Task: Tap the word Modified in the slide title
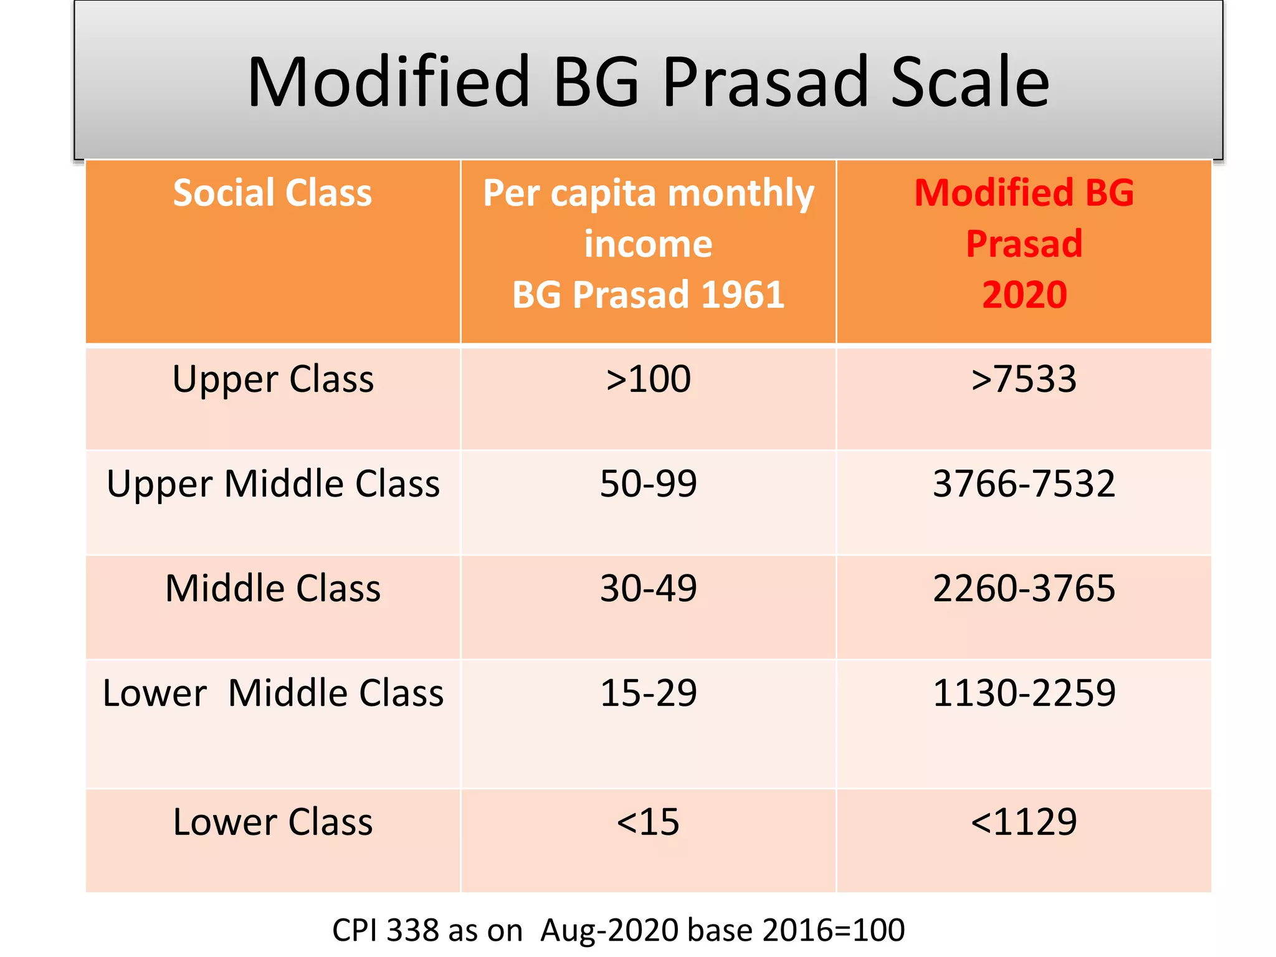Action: tap(388, 82)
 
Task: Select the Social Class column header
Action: tap(272, 193)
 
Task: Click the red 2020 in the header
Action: tap(1024, 295)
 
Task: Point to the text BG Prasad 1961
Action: tap(648, 295)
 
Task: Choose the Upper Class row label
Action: tap(273, 379)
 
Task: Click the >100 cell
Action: tap(648, 379)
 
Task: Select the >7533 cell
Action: tap(1024, 379)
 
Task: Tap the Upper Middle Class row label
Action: tap(273, 483)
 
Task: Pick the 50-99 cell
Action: tap(648, 483)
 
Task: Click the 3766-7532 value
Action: tap(1024, 483)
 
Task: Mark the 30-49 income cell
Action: tap(648, 588)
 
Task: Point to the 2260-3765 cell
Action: tap(1024, 588)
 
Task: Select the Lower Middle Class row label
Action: tap(273, 693)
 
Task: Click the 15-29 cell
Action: tap(648, 693)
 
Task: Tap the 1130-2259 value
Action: tap(1024, 693)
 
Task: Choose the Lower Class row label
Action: tap(273, 822)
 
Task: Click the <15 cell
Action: tap(648, 822)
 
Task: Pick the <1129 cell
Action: tap(1024, 822)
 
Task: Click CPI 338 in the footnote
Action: tap(386, 930)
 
